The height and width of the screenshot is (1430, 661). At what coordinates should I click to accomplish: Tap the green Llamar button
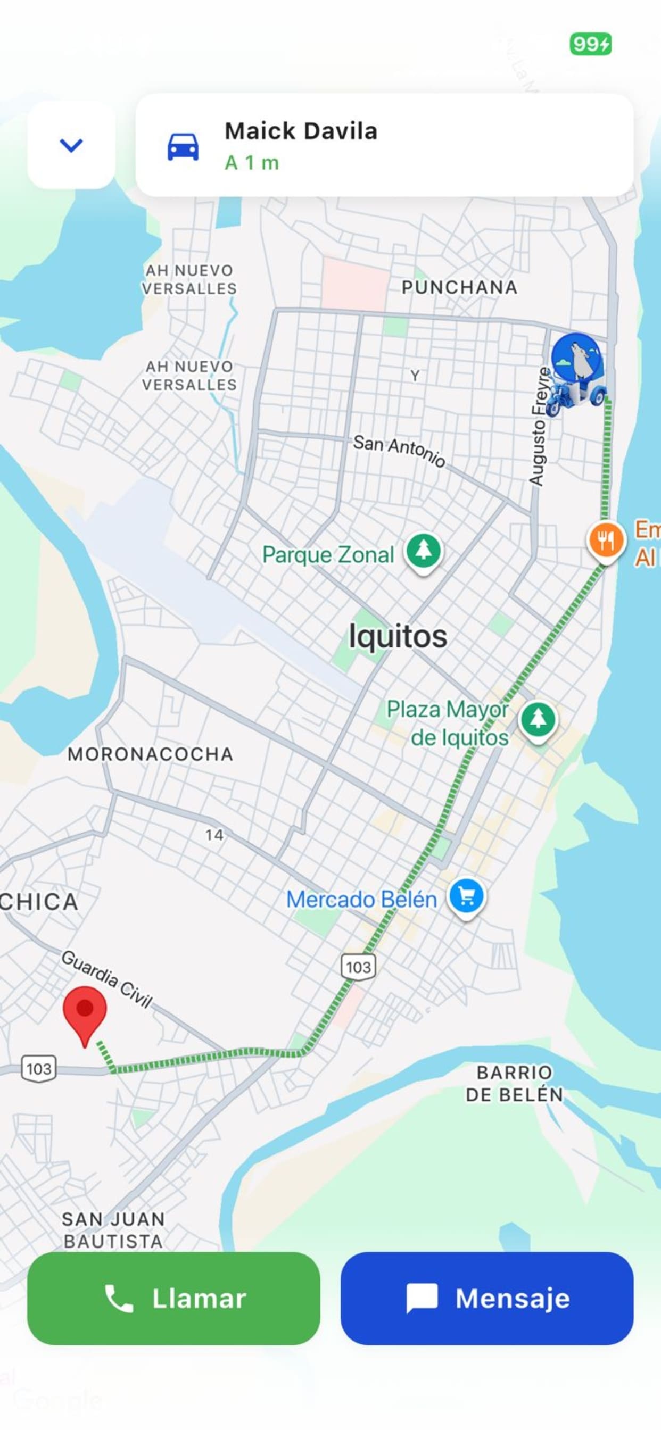click(x=173, y=1298)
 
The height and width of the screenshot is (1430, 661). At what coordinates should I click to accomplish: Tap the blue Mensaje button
click(x=486, y=1298)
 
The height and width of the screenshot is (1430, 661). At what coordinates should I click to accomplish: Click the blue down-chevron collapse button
click(x=71, y=145)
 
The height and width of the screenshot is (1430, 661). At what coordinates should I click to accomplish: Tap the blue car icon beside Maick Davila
click(x=183, y=146)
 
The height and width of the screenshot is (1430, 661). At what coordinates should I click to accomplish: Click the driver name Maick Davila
click(x=301, y=131)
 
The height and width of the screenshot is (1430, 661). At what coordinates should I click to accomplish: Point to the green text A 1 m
click(x=252, y=163)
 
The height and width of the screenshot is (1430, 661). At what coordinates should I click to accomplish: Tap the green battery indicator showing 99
click(x=590, y=44)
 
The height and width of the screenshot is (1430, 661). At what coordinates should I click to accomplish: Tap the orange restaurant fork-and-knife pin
click(x=606, y=541)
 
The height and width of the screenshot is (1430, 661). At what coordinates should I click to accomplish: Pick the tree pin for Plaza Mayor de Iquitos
click(x=538, y=720)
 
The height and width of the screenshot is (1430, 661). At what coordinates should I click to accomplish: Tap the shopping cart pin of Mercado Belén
click(x=466, y=896)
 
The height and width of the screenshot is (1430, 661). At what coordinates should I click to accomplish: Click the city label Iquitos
click(x=398, y=636)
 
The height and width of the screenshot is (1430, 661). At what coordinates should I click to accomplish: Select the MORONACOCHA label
click(x=150, y=754)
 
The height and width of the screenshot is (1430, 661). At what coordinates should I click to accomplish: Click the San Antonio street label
click(x=399, y=450)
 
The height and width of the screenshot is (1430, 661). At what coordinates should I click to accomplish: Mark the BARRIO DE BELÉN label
click(x=514, y=1083)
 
